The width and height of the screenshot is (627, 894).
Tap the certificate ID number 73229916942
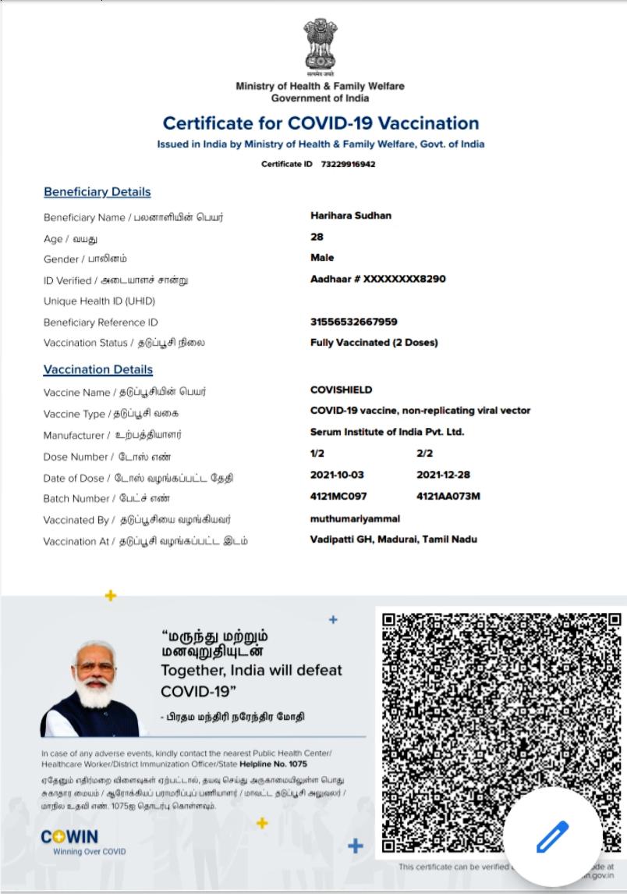(348, 164)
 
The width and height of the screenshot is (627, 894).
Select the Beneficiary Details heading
(97, 192)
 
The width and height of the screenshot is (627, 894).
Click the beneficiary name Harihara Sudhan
(351, 215)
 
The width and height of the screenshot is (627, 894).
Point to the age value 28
(317, 237)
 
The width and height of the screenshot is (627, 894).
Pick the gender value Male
(322, 258)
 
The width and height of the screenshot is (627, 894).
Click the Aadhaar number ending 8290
(378, 279)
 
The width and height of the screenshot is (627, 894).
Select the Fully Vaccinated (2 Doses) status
(374, 342)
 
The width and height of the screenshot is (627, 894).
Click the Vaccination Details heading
(98, 369)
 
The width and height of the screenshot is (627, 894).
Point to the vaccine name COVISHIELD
(342, 390)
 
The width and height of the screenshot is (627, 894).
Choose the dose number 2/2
(425, 453)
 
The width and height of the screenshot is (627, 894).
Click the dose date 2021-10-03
(337, 475)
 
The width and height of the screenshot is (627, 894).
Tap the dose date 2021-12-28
(444, 475)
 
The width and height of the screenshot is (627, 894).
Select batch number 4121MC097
(338, 496)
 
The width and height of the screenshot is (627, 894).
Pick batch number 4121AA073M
(448, 496)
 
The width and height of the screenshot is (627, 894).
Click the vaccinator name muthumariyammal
(355, 518)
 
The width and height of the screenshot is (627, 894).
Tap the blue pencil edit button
(552, 838)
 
